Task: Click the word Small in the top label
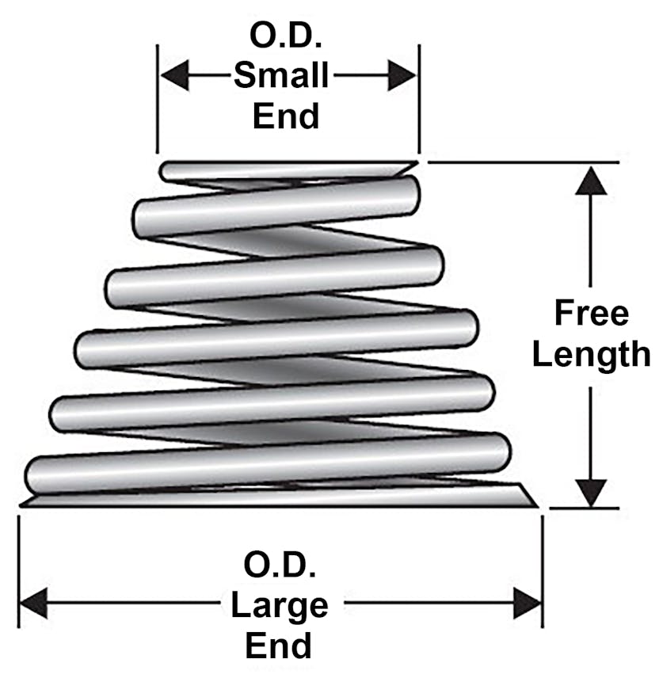coord(281,77)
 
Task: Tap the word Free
coord(591,313)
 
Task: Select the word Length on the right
coord(591,354)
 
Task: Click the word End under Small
coord(285,116)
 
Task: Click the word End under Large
coord(278,645)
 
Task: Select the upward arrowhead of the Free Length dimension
coord(591,181)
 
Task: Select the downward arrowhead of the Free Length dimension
coord(591,491)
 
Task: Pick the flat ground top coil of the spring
coord(285,169)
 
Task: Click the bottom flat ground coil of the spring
coord(277,498)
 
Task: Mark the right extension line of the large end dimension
coord(543,570)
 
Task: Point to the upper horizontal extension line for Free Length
coord(523,162)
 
